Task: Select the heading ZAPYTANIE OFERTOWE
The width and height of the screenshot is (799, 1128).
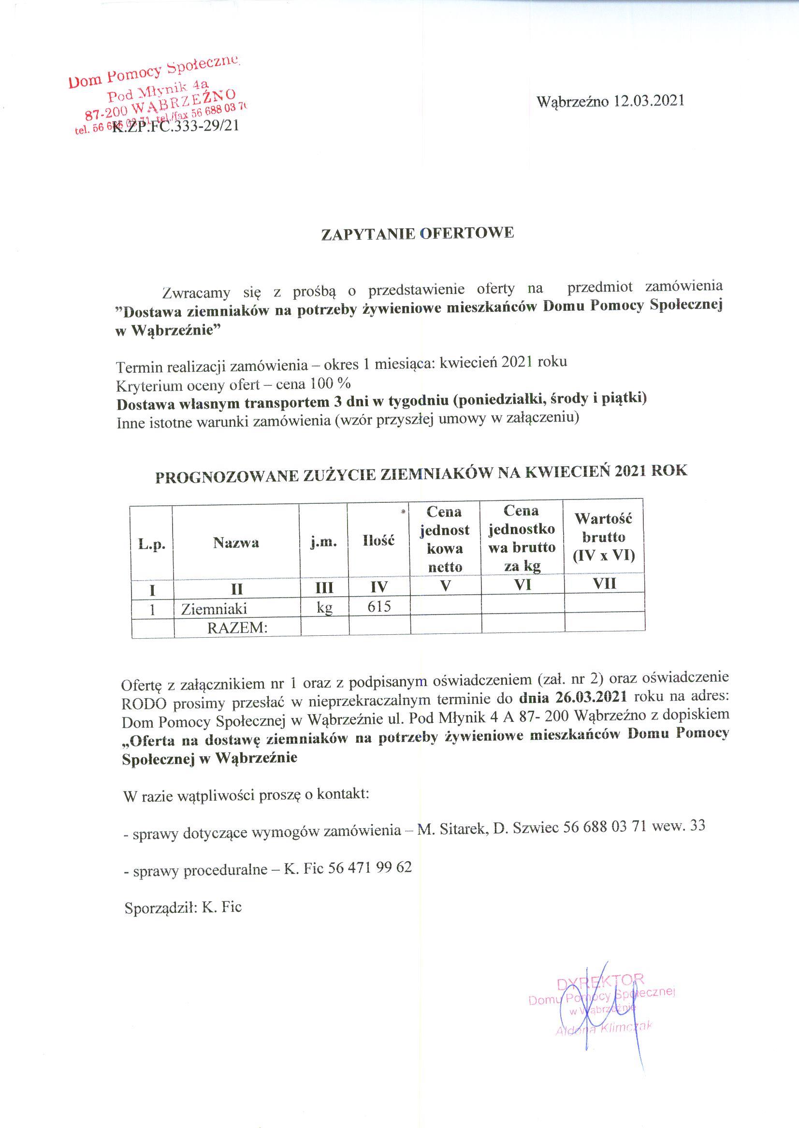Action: click(x=417, y=233)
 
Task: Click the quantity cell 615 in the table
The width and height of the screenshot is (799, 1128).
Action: click(x=379, y=606)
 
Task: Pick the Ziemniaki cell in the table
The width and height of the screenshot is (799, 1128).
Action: click(x=214, y=609)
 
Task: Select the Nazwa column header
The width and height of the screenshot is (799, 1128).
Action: click(x=236, y=543)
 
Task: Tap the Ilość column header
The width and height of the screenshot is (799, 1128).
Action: click(x=379, y=541)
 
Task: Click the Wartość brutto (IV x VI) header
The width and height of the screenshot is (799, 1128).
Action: click(x=604, y=537)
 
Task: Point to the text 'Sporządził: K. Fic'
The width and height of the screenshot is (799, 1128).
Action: click(x=183, y=907)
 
